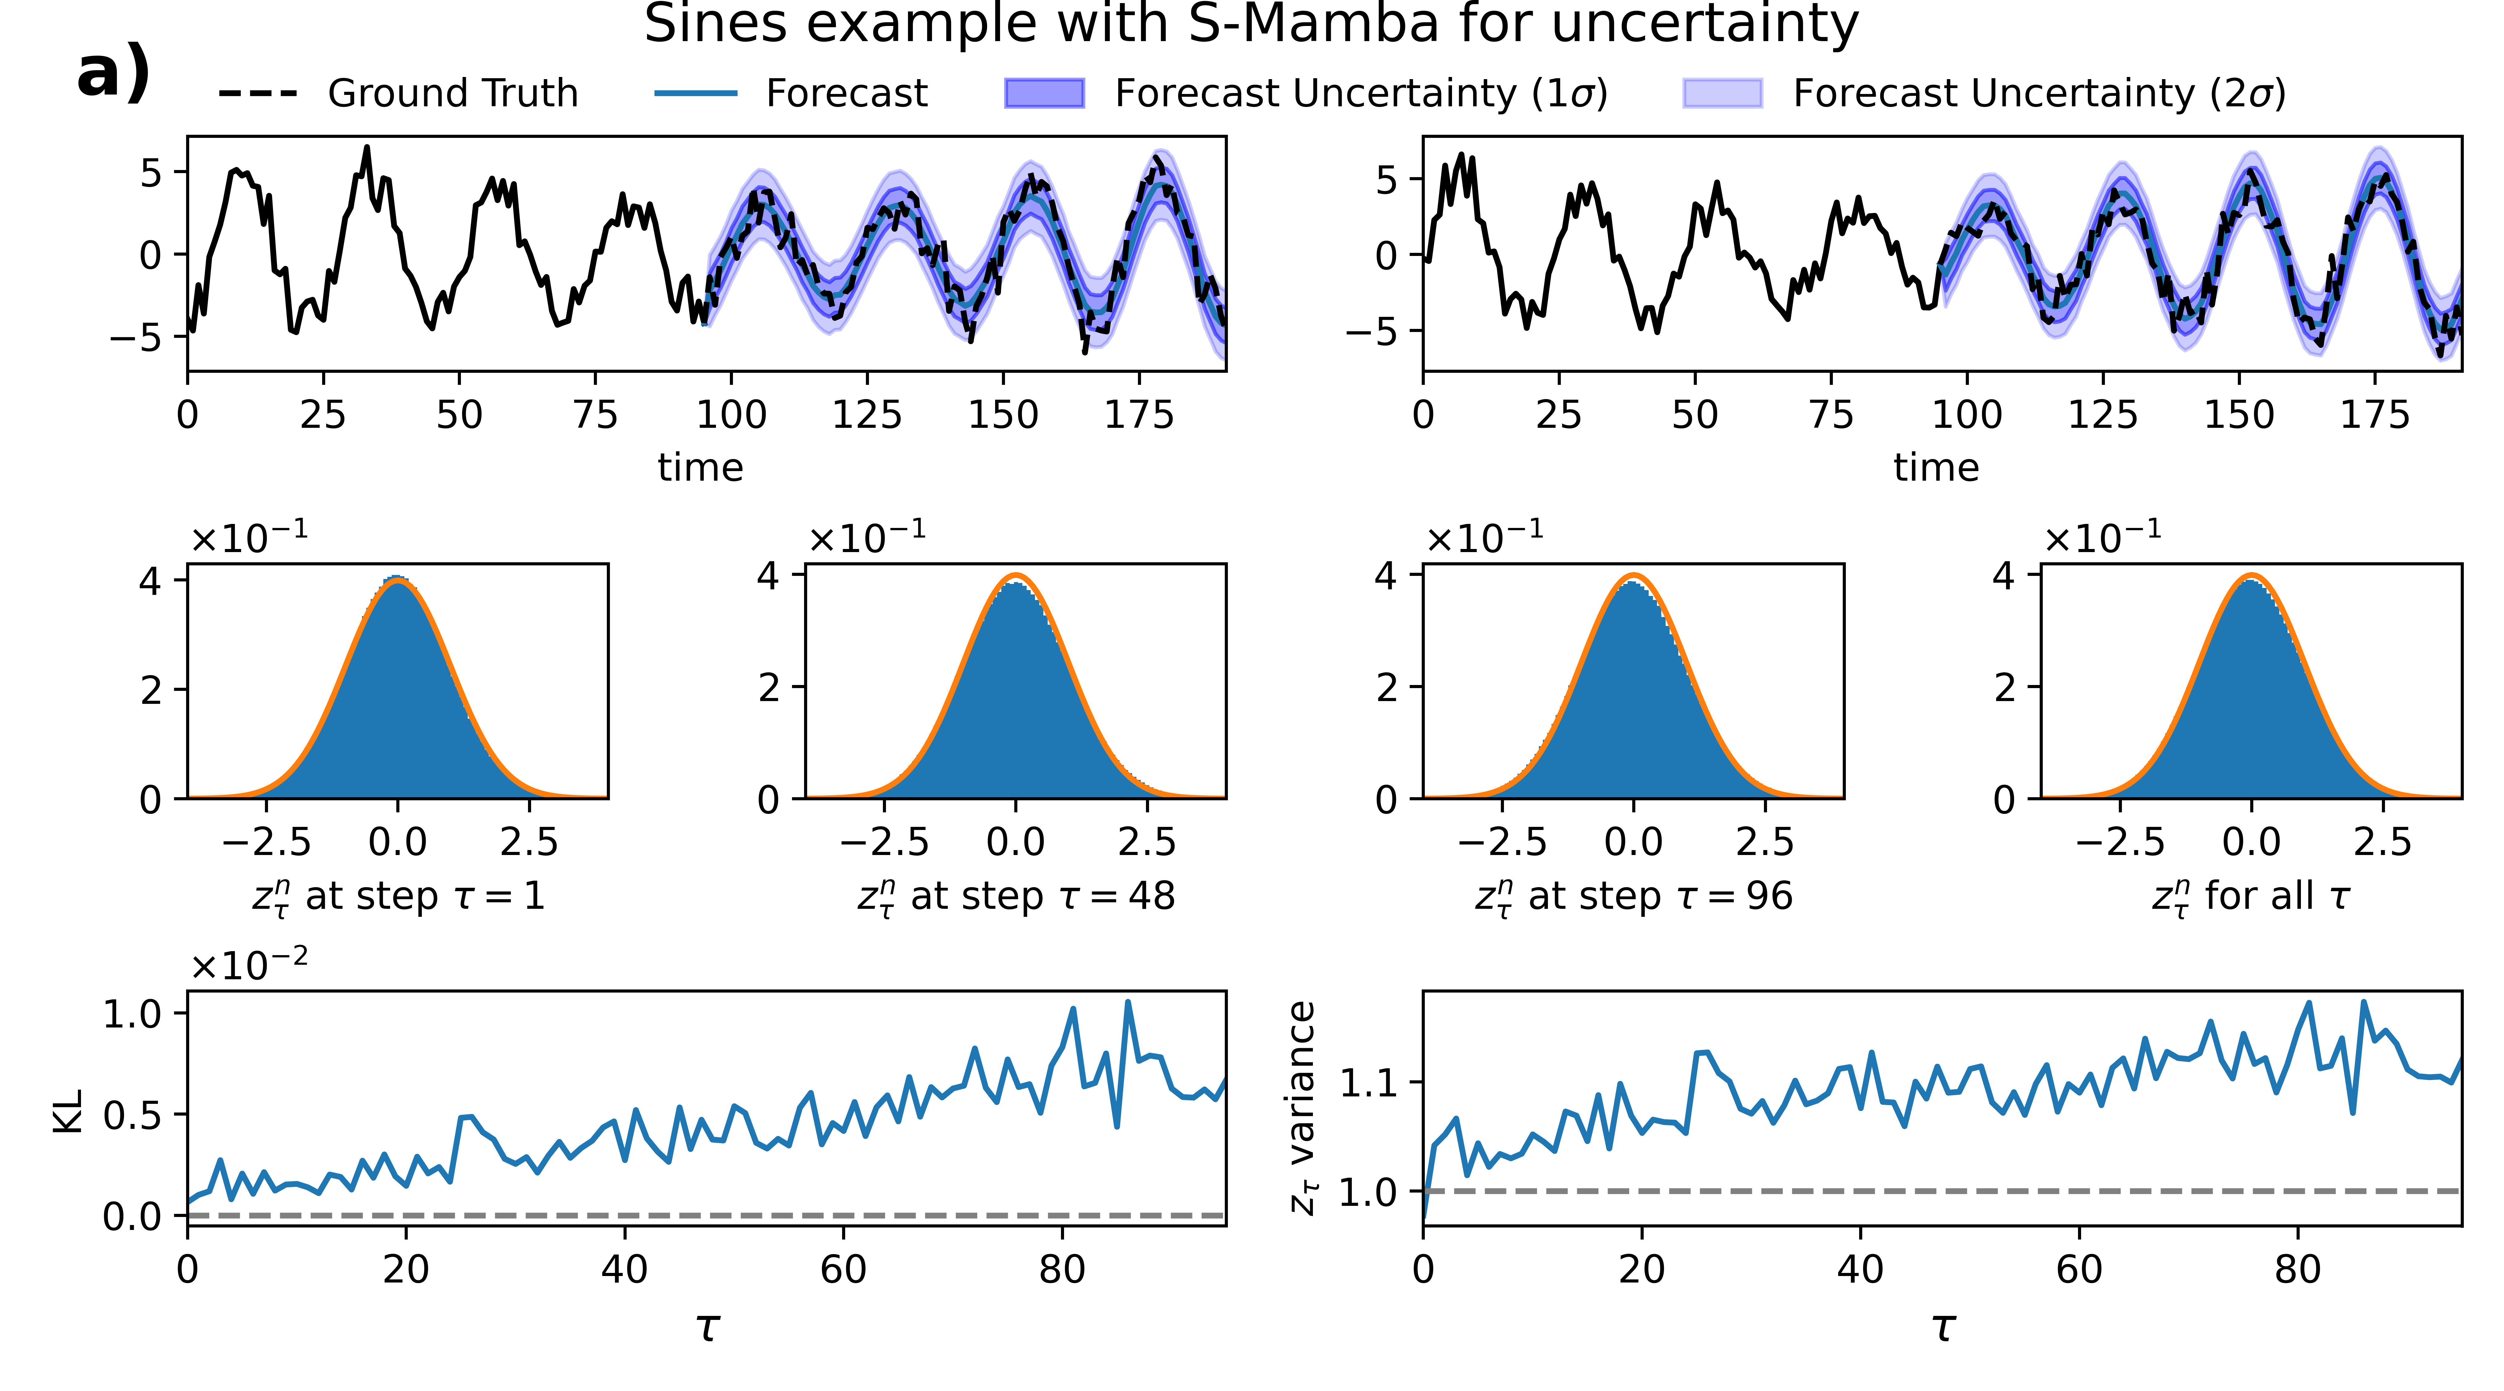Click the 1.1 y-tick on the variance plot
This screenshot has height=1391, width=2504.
[1369, 1082]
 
